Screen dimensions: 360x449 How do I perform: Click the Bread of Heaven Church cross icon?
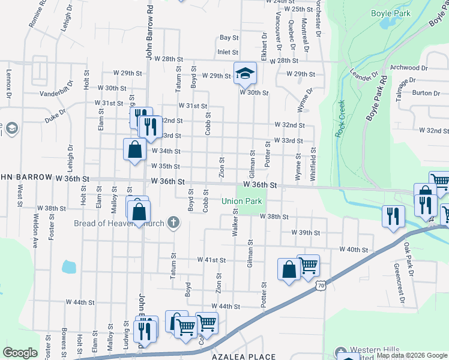[173, 224]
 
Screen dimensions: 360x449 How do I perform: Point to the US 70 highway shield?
[323, 287]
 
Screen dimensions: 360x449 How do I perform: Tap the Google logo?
[20, 353]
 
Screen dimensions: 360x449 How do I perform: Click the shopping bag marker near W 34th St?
[134, 150]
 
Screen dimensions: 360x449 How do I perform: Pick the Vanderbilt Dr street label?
[59, 94]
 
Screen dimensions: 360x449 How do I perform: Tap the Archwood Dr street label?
[408, 68]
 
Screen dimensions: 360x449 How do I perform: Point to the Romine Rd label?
[37, 13]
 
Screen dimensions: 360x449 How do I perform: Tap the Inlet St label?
[228, 52]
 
